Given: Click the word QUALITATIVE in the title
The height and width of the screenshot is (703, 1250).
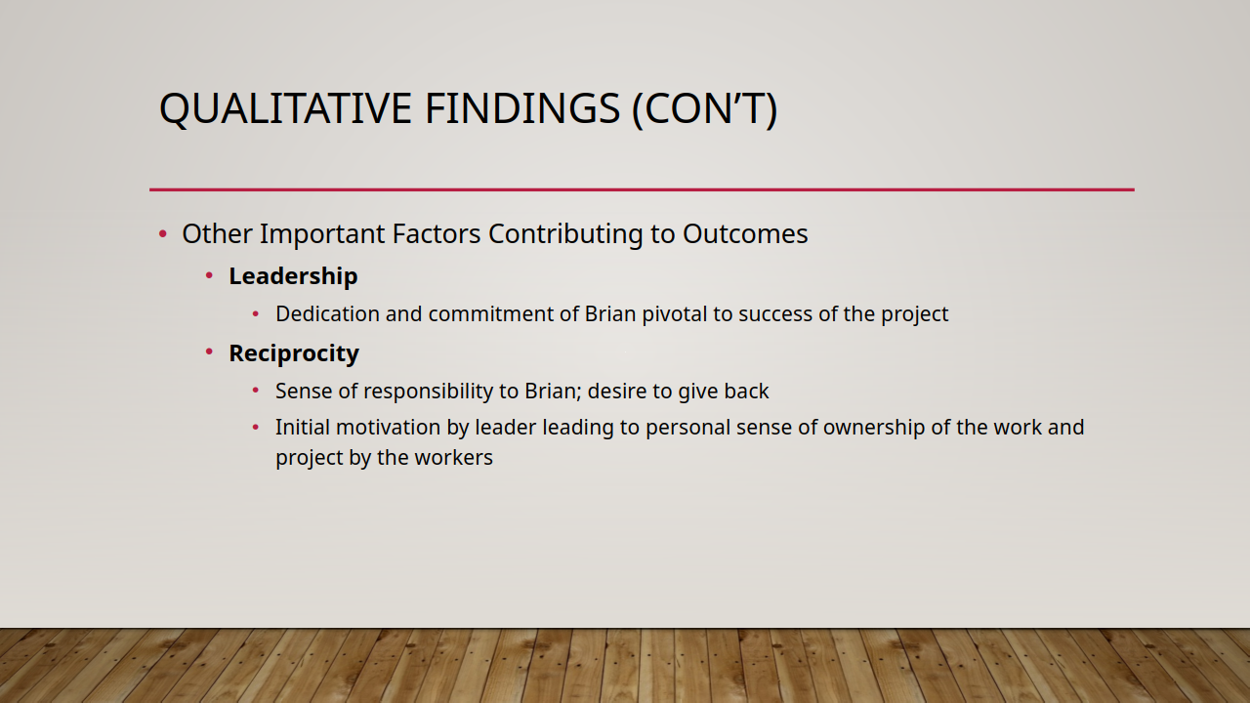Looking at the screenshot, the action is click(286, 108).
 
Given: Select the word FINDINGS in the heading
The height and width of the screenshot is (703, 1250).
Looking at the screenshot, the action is click(522, 107).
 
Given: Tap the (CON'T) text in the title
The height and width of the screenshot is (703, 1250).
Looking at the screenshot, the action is click(705, 108).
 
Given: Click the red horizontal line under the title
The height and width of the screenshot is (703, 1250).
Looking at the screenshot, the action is click(642, 189).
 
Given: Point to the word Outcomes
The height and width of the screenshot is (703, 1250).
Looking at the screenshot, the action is click(745, 233).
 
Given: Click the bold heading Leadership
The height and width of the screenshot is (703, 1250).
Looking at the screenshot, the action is click(293, 276).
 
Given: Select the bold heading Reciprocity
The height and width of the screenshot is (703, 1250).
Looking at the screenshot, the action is click(294, 353).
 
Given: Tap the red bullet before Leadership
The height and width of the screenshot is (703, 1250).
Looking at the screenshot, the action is click(209, 275).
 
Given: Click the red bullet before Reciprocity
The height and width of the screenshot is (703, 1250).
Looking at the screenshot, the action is click(209, 351).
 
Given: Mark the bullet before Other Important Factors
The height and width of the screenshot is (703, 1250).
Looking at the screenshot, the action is click(163, 233).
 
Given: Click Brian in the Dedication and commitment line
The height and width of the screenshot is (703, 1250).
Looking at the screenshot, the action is click(610, 314).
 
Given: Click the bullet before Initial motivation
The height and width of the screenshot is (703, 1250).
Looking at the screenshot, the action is click(256, 428).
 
